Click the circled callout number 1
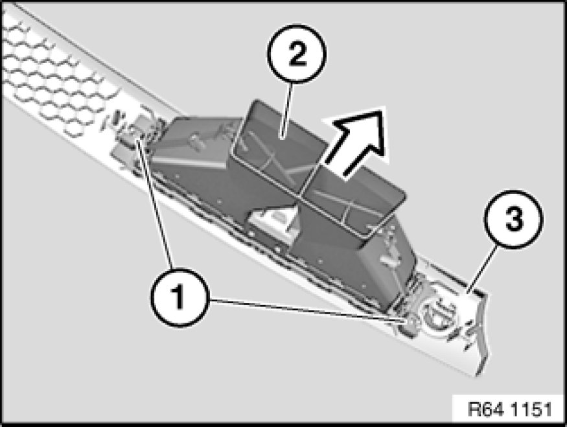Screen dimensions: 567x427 pos(179,297)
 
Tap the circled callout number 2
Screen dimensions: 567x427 pos(297,54)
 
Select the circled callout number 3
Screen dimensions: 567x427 pos(514,219)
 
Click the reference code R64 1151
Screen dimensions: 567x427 pos(509,410)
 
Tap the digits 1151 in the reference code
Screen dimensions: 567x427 pos(531,410)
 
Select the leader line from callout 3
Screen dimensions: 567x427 pos(482,269)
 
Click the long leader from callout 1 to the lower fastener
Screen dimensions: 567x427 pos(307,310)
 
